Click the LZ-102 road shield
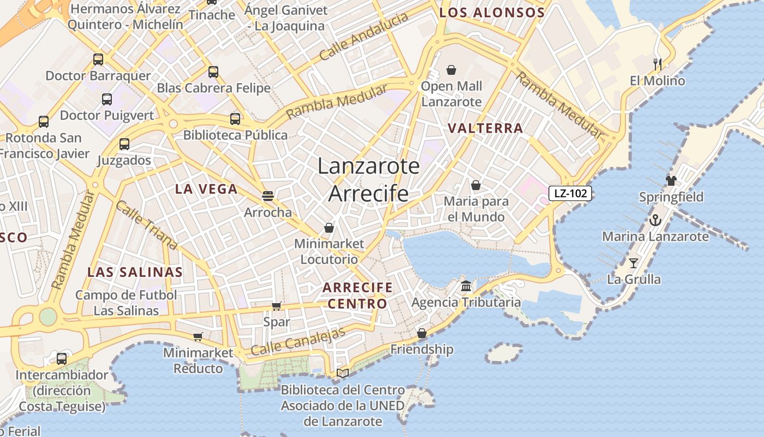coord(570,193)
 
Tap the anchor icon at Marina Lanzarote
coord(655,221)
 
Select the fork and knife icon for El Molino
coord(658,64)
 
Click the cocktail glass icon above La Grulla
coord(634,263)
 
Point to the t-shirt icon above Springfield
coord(671,180)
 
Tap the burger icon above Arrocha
coord(267,196)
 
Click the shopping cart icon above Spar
coord(277,306)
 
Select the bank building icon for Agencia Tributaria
coord(466,286)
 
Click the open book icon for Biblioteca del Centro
coord(343,374)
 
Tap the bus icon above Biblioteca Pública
coord(235,119)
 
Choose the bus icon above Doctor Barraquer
coord(98,60)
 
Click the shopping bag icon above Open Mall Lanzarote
coord(451,70)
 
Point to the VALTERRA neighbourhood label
coord(485,128)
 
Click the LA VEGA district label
coord(206,190)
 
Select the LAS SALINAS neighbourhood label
coord(135,272)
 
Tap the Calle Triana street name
coord(147,225)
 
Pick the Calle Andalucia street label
coord(364,37)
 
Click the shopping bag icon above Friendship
coord(422,333)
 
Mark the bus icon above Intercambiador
coord(62,359)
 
